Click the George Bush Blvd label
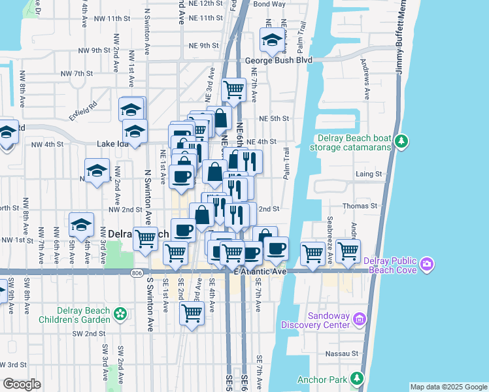click(278, 60)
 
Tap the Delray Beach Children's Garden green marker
click(120, 314)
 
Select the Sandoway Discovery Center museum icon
click(359, 319)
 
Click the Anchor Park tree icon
click(356, 378)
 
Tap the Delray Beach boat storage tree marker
click(403, 141)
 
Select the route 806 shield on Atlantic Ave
click(137, 272)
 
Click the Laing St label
click(369, 174)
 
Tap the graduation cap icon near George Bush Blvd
click(271, 41)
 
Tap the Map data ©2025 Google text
click(448, 387)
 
